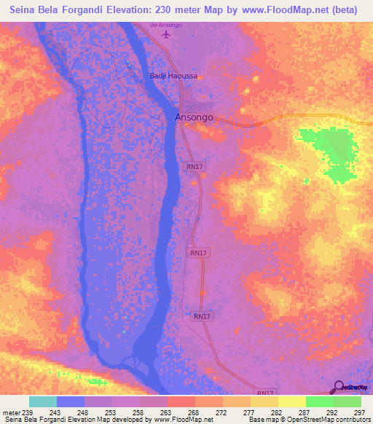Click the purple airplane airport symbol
(166, 35)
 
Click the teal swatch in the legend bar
(43, 401)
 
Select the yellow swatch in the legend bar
(291, 401)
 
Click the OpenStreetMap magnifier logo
(339, 387)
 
